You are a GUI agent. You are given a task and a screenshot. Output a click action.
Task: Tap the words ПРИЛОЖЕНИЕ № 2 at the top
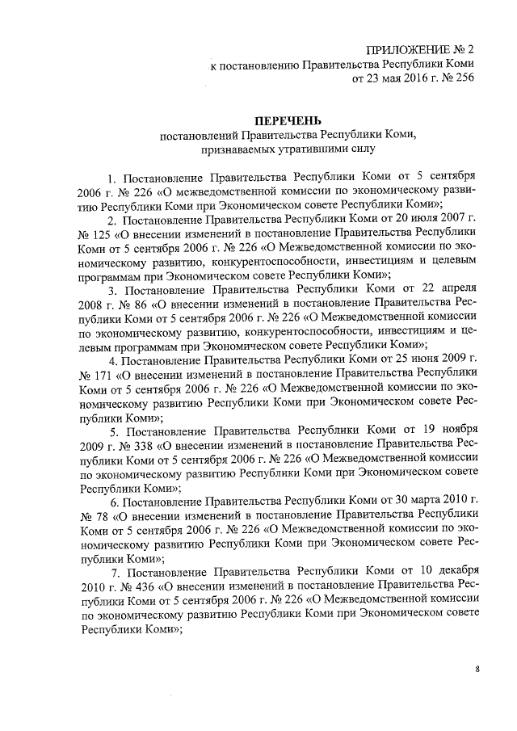coord(419,49)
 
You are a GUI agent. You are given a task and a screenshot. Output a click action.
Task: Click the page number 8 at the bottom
coord(477,670)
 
